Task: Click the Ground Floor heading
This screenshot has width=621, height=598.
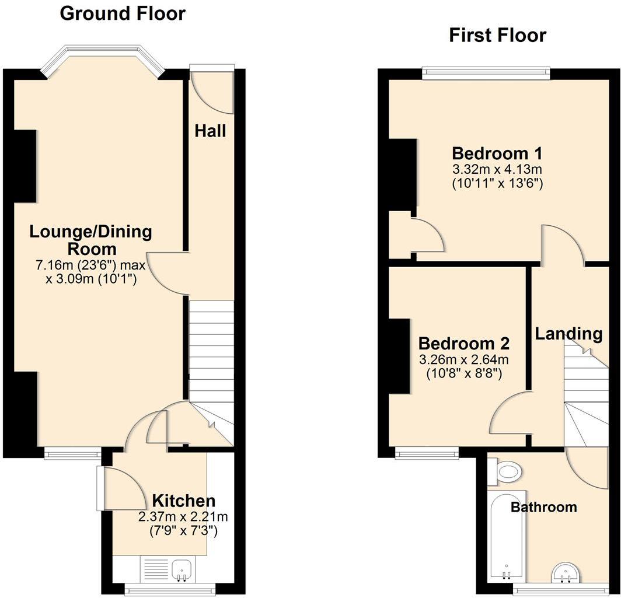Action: (x=123, y=13)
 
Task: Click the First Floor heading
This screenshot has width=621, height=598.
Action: (x=497, y=35)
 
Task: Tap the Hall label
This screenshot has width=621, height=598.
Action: (x=210, y=131)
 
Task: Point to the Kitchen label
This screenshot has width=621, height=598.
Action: (x=183, y=501)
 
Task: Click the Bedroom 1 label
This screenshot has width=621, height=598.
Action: (x=497, y=154)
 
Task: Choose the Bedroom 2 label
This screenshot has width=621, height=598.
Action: (x=464, y=342)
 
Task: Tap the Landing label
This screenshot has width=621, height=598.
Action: (x=568, y=334)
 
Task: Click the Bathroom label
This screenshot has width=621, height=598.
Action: (x=543, y=507)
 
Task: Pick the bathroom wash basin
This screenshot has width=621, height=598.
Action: (x=564, y=572)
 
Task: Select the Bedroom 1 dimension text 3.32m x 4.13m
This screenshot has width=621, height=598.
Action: (x=497, y=170)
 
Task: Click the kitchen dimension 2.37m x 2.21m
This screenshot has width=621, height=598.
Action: (x=183, y=516)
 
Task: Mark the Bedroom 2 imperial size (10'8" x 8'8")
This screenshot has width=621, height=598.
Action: (x=464, y=372)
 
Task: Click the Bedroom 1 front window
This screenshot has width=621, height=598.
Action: (x=486, y=73)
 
